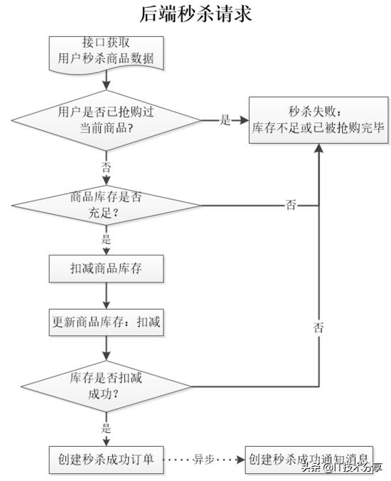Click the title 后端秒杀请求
pyautogui.click(x=195, y=14)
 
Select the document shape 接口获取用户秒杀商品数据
pyautogui.click(x=107, y=51)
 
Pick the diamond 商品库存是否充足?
pyautogui.click(x=107, y=205)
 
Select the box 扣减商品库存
pyautogui.click(x=107, y=269)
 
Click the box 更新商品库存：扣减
pyautogui.click(x=107, y=323)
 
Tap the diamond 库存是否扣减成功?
pyautogui.click(x=107, y=386)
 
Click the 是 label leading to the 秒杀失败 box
pyautogui.click(x=225, y=120)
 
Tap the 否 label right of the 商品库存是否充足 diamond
pyautogui.click(x=291, y=206)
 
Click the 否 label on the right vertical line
pyautogui.click(x=318, y=328)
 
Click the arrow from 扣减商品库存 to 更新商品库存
pyautogui.click(x=107, y=295)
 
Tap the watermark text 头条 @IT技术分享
pyautogui.click(x=341, y=467)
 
